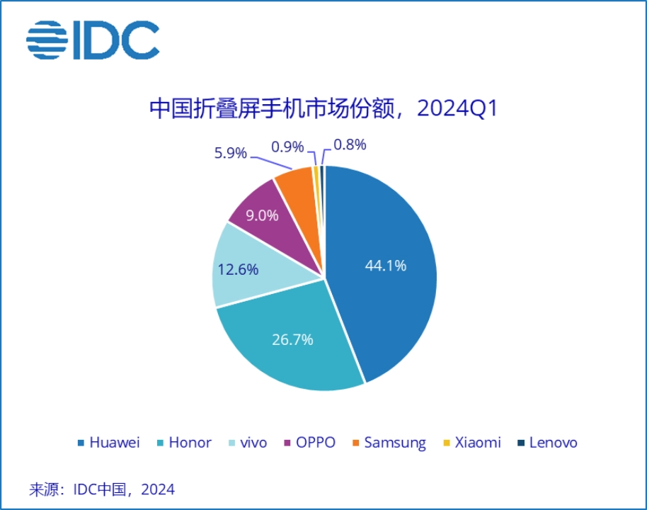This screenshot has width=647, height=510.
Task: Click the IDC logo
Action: click(x=93, y=40)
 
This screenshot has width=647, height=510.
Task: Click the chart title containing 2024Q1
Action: click(x=324, y=110)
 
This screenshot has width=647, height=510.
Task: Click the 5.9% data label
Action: click(x=230, y=152)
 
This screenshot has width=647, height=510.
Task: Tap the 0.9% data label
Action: click(x=287, y=147)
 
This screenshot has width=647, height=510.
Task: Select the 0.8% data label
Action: click(x=350, y=144)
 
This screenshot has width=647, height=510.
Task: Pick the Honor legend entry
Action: click(x=184, y=443)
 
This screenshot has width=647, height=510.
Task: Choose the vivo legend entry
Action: click(x=247, y=443)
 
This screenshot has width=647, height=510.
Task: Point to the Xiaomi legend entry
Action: click(x=471, y=443)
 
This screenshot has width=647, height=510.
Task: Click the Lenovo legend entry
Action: click(x=547, y=443)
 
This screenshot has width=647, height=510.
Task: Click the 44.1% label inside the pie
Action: click(x=386, y=266)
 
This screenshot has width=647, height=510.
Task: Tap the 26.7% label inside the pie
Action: click(x=292, y=339)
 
